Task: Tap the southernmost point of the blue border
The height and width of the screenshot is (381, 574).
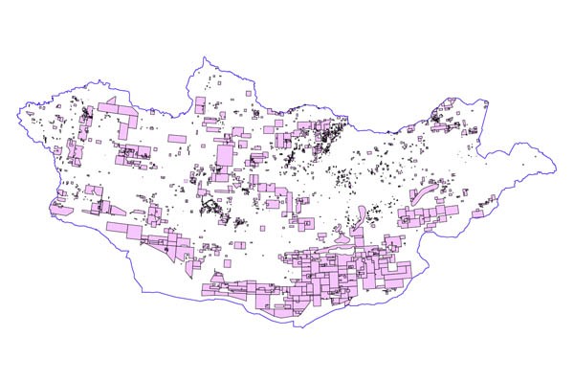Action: (303, 326)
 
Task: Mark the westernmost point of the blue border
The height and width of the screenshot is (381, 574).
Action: (16, 116)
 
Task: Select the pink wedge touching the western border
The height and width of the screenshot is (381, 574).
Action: (60, 202)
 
